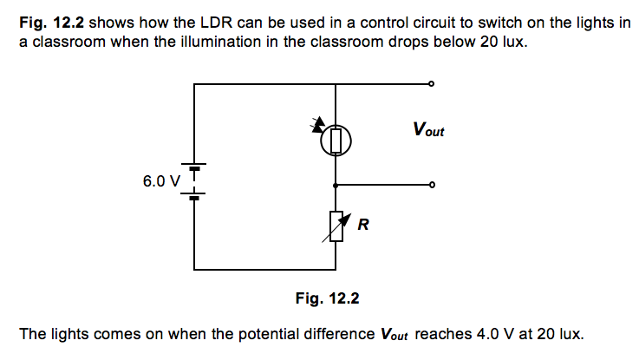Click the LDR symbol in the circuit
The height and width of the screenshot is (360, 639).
pos(336,140)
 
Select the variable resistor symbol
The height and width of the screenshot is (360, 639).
pos(336,227)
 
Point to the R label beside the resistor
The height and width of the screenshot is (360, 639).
pos(363,226)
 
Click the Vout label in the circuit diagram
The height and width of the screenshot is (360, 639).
pos(428,131)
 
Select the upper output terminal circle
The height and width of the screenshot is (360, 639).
pos(431,84)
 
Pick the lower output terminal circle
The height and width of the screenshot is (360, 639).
pos(431,185)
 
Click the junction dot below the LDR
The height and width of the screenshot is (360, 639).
pos(336,185)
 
